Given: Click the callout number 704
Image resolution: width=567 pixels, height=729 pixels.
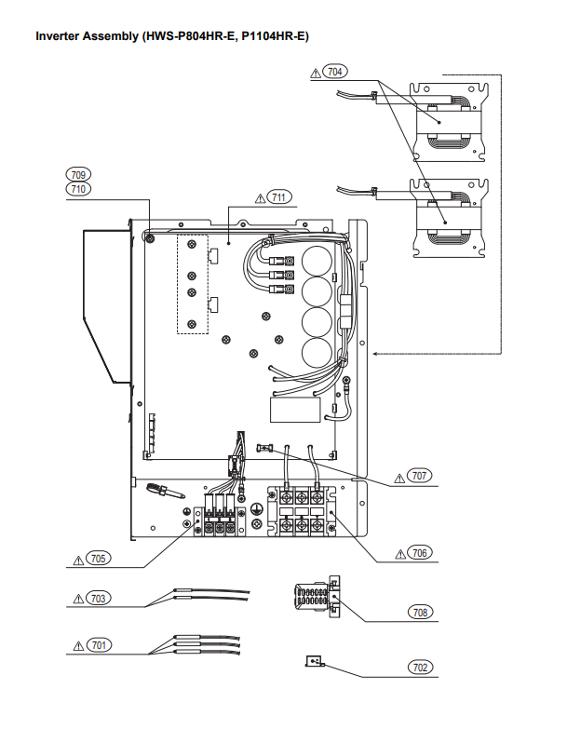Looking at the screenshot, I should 332,71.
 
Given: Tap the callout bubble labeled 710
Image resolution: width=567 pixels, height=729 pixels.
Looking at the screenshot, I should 78,188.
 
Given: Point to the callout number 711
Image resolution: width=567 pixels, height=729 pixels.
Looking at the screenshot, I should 277,196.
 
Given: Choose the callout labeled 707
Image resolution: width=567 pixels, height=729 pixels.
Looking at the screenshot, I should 420,475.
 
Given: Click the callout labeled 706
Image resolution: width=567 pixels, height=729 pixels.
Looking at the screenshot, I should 420,552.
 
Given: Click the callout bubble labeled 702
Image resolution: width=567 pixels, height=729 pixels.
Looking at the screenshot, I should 421,668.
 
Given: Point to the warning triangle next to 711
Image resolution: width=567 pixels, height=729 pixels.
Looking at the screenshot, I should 257,197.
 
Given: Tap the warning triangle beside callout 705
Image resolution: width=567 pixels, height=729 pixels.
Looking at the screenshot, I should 78,560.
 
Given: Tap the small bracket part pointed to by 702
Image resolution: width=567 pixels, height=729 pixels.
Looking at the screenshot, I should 314,662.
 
